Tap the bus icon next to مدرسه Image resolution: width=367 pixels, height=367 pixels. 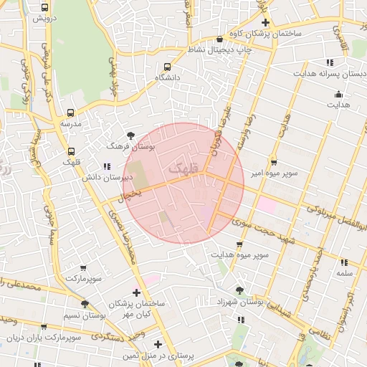[x=70, y=113]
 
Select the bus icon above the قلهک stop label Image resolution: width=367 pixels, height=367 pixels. [x=71, y=151]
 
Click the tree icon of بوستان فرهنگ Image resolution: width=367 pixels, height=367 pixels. [x=130, y=135]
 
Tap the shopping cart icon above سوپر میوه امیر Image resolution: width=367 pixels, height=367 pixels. [x=273, y=162]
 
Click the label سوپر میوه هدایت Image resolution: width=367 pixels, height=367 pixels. [x=239, y=254]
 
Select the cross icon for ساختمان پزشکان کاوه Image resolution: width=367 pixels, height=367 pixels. [x=264, y=22]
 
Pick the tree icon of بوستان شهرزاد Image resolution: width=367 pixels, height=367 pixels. [x=239, y=290]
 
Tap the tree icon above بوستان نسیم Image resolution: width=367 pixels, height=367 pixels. [x=85, y=304]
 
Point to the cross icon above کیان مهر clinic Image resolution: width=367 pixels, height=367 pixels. [x=136, y=292]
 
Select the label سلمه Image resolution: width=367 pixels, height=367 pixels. [x=343, y=273]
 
